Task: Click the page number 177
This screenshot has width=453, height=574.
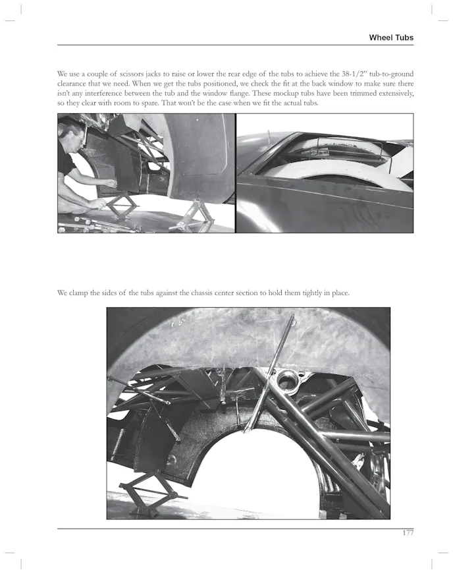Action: [408, 533]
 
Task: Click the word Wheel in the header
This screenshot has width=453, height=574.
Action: [383, 38]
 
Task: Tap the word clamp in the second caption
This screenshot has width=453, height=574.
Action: [82, 293]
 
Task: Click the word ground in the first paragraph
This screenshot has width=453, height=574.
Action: [396, 73]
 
